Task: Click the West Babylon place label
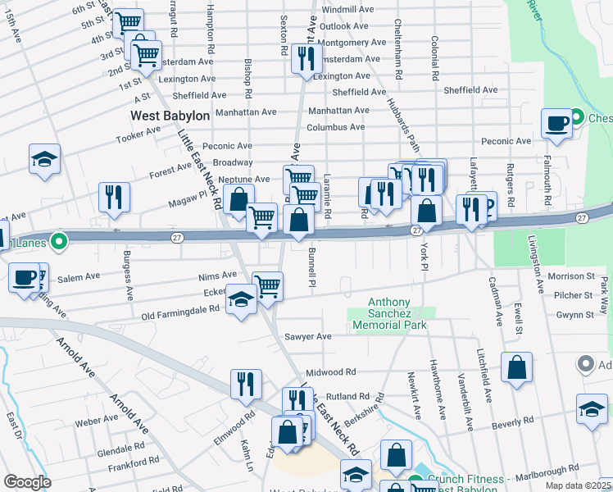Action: coord(170,116)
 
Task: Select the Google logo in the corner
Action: coord(27,482)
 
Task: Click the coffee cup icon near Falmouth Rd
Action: coord(556,124)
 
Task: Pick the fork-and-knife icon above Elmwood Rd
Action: coord(246,384)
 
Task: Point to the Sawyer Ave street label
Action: coord(307,336)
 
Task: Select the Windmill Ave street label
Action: coord(347,9)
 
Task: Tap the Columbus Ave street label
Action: coord(335,127)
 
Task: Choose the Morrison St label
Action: coord(570,276)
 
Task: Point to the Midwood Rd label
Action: coord(331,372)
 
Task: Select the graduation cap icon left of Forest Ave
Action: coord(44,159)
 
